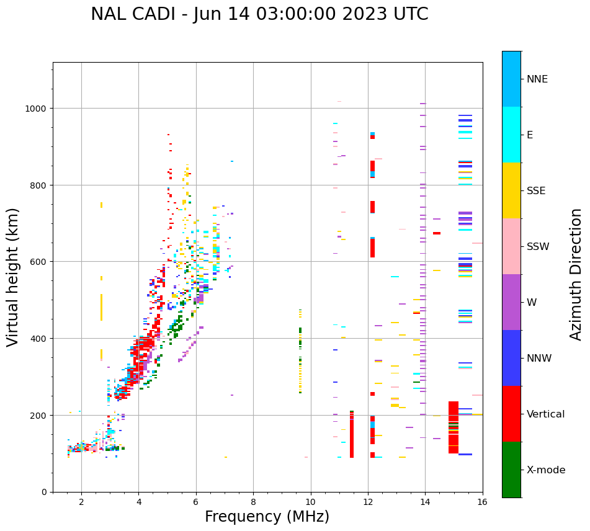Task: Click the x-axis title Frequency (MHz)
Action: (267, 517)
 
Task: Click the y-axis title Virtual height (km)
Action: (13, 277)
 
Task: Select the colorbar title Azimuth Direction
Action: (576, 274)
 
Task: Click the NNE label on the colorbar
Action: (537, 79)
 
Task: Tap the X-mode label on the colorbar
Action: (546, 470)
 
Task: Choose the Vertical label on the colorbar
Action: (546, 414)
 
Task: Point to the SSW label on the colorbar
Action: (538, 247)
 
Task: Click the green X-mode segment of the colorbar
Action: (511, 470)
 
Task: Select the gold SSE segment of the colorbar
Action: (511, 190)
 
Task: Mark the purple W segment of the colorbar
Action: (511, 302)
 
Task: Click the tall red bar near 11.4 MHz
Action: (352, 434)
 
